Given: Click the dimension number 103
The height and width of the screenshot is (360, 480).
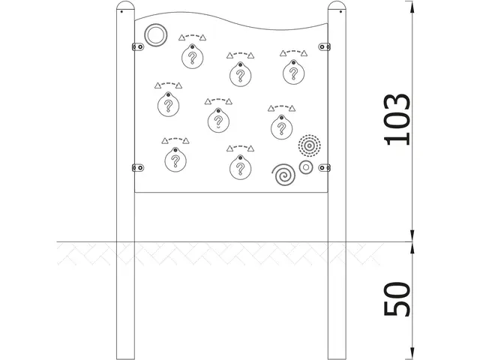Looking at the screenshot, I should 397,120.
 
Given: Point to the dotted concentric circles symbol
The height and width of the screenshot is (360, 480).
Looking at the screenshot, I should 308,145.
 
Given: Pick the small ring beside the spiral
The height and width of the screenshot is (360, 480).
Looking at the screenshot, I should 305,168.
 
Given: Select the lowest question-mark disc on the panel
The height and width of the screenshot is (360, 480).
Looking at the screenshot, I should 239,166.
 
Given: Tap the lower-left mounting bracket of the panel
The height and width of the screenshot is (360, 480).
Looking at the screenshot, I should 137,166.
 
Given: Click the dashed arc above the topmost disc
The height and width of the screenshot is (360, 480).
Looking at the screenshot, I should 193,35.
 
